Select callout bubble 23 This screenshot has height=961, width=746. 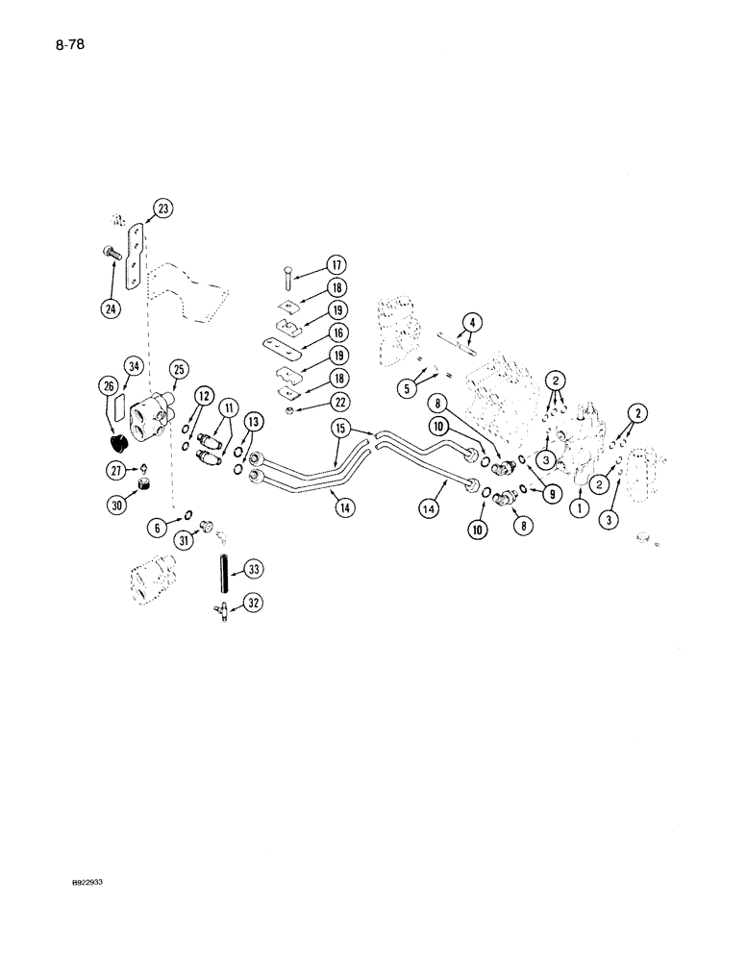162,209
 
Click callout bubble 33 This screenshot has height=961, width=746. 254,570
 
